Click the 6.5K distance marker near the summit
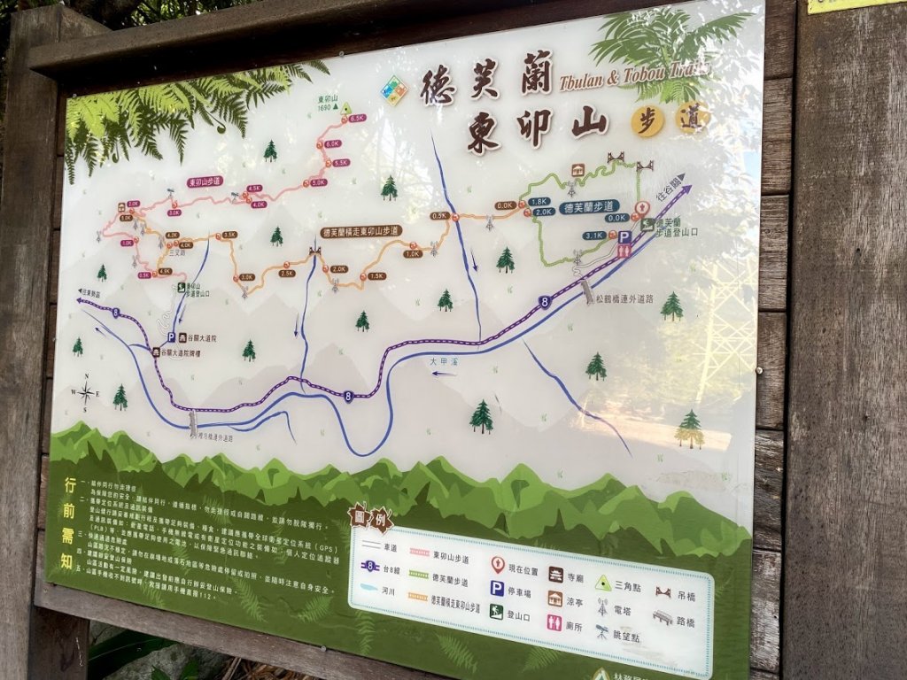357,118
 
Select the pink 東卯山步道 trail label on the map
205,182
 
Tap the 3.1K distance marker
593,236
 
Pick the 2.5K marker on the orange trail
287,273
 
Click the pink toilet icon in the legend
554,622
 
